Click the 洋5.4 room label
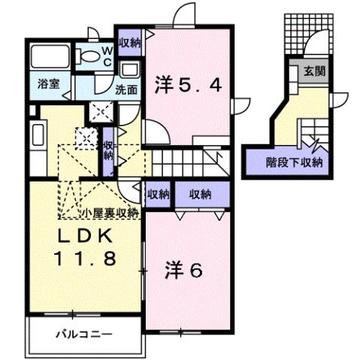(189, 85)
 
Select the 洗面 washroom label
(125, 89)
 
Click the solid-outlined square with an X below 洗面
(99, 111)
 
